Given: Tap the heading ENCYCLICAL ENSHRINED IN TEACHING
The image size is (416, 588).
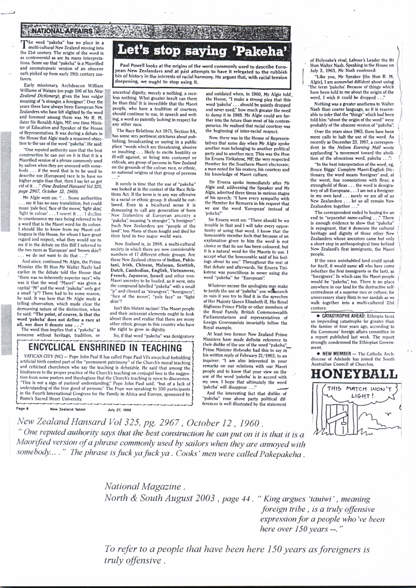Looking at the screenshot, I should tap(105, 348).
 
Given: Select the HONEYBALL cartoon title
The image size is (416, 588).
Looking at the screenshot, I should tap(354, 374).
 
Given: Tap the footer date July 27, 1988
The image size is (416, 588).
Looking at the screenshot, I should tap(119, 409).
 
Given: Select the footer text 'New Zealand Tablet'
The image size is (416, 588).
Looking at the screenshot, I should tap(68, 409).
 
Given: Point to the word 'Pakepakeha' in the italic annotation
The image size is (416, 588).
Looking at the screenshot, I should tap(281, 454).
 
